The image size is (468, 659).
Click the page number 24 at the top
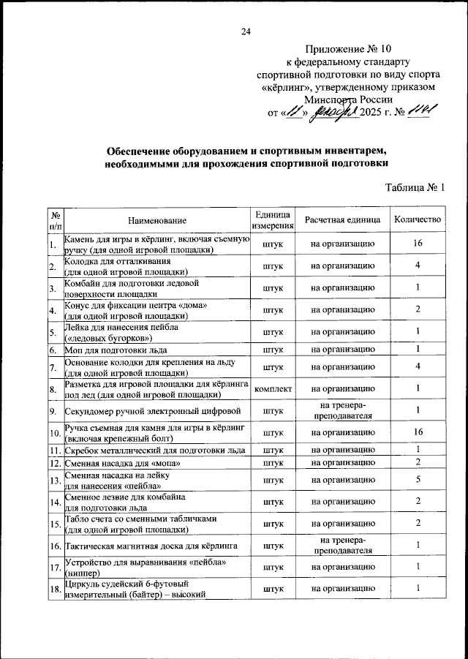[246, 30]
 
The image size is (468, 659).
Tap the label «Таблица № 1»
[415, 187]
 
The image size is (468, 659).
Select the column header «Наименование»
[157, 220]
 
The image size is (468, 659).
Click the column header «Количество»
[417, 219]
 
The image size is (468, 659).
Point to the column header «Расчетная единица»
[343, 219]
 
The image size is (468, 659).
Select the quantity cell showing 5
[417, 480]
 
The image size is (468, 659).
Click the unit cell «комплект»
[273, 388]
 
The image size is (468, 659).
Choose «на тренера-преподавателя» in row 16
[343, 544]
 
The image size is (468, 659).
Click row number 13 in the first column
[55, 480]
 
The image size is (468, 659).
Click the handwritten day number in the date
[295, 112]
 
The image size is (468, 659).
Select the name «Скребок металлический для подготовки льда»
[154, 448]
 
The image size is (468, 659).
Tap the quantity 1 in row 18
[417, 589]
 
